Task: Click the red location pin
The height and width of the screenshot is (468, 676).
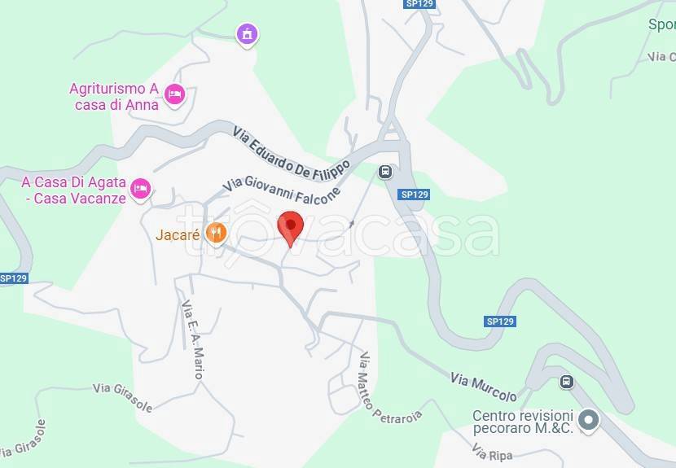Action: (290, 225)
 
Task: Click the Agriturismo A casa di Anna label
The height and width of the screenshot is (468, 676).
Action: (113, 96)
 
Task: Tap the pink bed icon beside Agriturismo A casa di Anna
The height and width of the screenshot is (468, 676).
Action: (173, 94)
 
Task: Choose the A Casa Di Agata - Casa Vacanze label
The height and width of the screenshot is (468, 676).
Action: (74, 190)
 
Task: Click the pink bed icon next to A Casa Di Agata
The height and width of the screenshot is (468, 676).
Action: (142, 189)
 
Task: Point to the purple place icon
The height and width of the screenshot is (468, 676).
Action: (246, 33)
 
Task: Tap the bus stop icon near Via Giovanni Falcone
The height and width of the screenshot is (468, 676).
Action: (385, 172)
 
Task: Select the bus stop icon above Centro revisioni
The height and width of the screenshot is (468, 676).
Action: (567, 381)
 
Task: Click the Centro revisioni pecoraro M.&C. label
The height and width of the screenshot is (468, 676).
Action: (523, 422)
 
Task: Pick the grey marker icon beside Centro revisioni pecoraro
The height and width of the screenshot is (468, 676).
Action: (590, 421)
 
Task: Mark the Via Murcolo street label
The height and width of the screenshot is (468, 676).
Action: (483, 386)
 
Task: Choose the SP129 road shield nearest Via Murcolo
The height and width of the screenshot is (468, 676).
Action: (500, 321)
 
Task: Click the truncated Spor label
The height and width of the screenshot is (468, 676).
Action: (661, 24)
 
